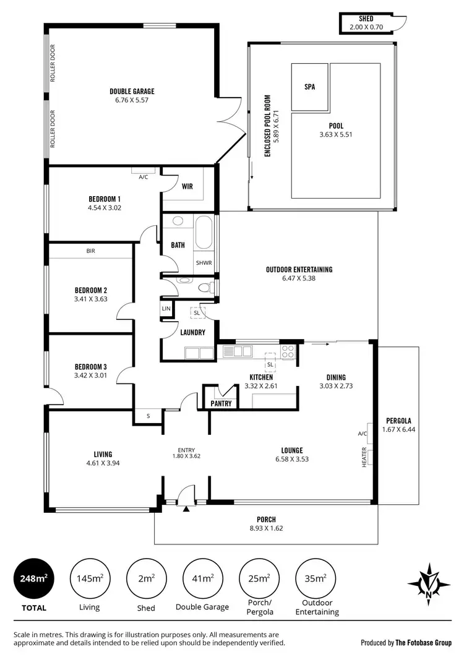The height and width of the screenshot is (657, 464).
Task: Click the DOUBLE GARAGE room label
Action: (x=132, y=91)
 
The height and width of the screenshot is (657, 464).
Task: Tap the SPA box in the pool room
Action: (x=309, y=87)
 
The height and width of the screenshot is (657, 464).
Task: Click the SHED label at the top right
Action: (x=366, y=19)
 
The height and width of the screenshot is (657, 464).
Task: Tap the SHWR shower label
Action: (x=204, y=262)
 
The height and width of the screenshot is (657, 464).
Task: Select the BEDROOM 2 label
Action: (x=91, y=290)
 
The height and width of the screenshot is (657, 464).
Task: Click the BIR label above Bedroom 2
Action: (x=91, y=251)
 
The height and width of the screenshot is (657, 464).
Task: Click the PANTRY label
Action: (x=221, y=404)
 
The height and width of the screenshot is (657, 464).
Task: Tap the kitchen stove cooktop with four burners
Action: (x=288, y=351)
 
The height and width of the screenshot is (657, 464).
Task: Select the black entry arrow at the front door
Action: (x=186, y=509)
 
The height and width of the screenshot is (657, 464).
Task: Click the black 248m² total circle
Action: (x=33, y=578)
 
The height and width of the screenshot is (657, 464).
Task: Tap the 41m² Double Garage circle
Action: (x=203, y=578)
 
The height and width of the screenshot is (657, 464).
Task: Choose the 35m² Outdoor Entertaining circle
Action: (x=316, y=578)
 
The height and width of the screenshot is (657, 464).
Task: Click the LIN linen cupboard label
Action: (x=166, y=308)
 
